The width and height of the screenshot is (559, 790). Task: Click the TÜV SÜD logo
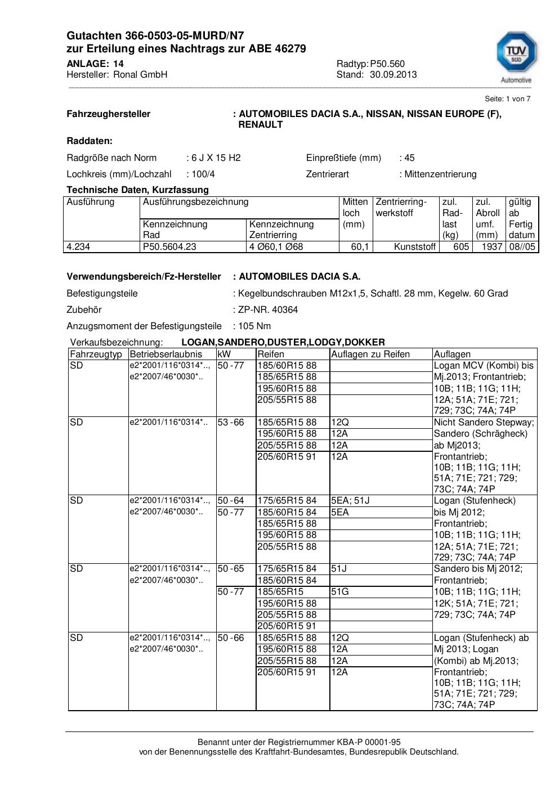point(516,56)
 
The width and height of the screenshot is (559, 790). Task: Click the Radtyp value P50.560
point(387,64)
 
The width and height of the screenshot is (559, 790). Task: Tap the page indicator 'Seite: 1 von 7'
point(507,98)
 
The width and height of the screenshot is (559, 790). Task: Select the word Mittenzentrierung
point(440,174)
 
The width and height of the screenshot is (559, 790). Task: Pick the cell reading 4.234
point(78,246)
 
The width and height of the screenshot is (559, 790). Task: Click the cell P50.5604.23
point(169,246)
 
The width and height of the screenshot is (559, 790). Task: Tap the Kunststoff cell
point(415,246)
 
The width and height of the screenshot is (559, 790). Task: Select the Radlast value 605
point(461,246)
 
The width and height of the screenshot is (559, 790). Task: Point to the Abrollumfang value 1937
point(492,246)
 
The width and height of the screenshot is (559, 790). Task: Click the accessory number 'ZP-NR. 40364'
point(268,309)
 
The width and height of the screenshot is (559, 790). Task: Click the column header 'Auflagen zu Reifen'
point(370,354)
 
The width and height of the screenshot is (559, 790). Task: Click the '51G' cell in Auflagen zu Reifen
point(339,591)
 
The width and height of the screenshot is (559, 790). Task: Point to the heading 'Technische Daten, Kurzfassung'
point(137,190)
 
